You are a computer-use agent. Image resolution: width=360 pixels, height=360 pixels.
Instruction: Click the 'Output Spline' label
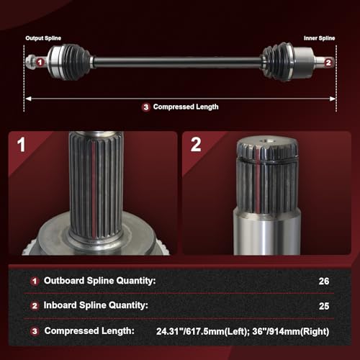coord(43,38)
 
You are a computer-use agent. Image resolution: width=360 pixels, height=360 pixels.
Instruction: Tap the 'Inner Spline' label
coord(319,38)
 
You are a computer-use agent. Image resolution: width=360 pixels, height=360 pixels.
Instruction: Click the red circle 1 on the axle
coord(40,63)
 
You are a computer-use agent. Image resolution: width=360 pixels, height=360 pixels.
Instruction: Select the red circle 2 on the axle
coord(328,63)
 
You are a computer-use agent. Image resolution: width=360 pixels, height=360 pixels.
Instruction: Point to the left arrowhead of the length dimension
coord(28,99)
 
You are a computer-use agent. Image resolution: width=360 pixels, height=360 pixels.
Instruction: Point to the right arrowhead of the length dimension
coord(333,99)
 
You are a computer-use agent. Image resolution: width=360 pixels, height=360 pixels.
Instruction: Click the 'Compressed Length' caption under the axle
coord(186,107)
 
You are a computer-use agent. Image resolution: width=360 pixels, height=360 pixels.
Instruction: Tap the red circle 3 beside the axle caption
coord(146,107)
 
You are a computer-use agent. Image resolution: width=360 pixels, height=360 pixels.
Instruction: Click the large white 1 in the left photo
coord(21,145)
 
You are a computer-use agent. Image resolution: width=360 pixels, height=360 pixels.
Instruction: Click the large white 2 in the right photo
coord(196,145)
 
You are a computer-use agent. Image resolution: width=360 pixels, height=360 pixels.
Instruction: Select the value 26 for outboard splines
coord(324,282)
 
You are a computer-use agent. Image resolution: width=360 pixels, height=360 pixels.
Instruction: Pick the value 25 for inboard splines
coord(324,306)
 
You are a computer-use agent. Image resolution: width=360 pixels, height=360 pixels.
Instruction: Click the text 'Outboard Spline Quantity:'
coord(99,281)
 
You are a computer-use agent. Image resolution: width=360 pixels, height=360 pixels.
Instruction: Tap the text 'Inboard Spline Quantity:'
coord(96,305)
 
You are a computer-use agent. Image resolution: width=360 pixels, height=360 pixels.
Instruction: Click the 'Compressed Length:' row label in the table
coord(89,331)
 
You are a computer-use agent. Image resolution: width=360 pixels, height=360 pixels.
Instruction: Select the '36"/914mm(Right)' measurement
coord(291,331)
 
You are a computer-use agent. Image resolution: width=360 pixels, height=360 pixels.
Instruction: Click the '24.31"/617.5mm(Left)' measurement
coord(201,331)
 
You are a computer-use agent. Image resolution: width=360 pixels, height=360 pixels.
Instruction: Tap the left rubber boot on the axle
coord(75,61)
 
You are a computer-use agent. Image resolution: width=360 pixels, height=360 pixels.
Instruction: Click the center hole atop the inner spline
coord(267,140)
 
